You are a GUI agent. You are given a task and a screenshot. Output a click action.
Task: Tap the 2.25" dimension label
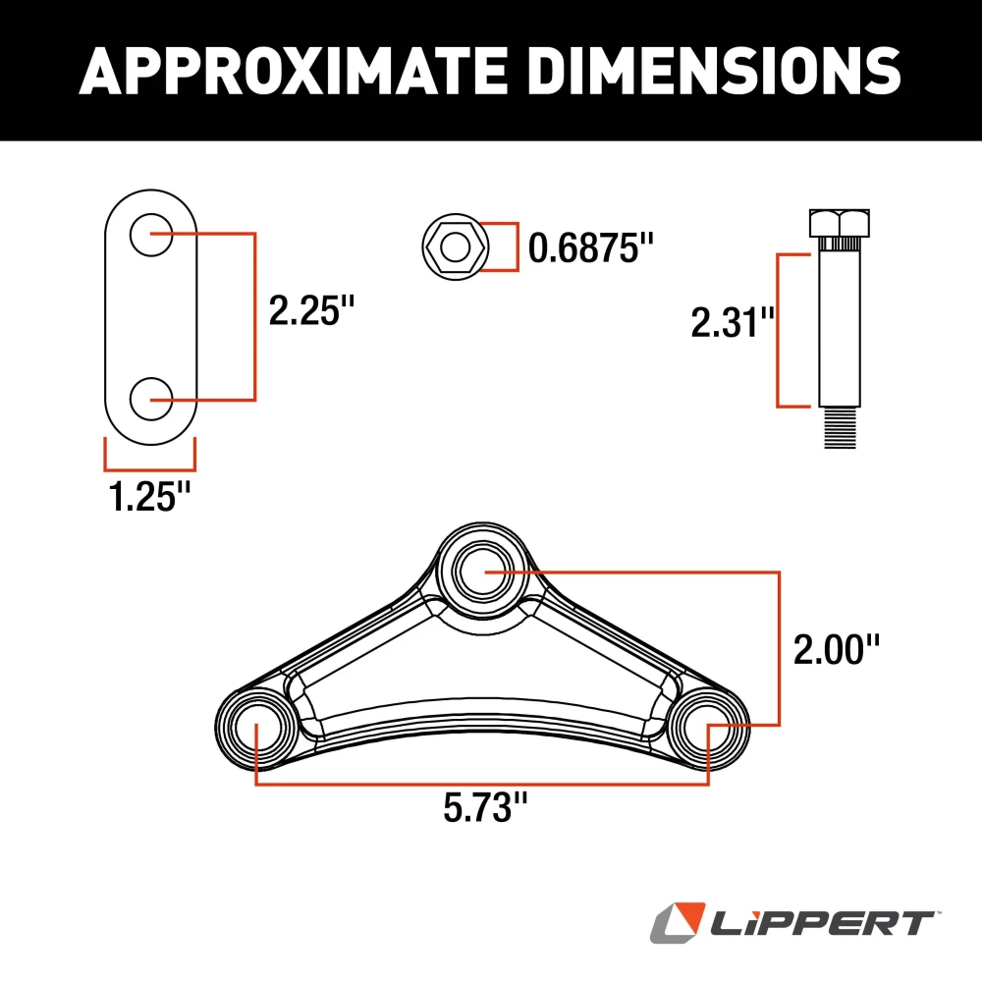click(x=310, y=313)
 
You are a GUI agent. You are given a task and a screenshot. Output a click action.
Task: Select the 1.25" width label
click(x=148, y=497)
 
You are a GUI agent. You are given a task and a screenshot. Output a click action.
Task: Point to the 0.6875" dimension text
click(x=590, y=247)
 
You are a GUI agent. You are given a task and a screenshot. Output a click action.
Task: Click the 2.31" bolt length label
click(x=733, y=322)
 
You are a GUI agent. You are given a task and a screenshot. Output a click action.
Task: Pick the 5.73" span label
click(x=485, y=809)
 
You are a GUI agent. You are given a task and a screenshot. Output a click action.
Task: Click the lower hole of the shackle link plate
click(x=150, y=399)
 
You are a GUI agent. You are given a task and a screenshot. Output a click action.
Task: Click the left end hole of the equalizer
click(x=256, y=727)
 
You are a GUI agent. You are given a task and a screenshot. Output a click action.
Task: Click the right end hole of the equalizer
click(x=709, y=727)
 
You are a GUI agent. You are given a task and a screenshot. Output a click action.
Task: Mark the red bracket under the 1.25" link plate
click(x=149, y=464)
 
